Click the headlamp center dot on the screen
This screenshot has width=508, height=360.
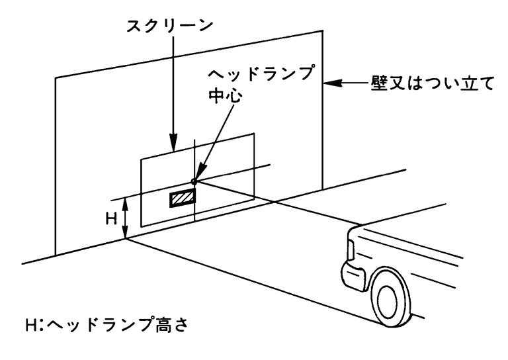coord(194,181)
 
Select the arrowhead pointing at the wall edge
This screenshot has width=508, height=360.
coord(331,84)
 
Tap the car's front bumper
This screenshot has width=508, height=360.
coord(351,271)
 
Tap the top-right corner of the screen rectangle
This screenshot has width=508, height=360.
coord(254,134)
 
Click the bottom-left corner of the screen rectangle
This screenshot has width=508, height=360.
coord(141,229)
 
